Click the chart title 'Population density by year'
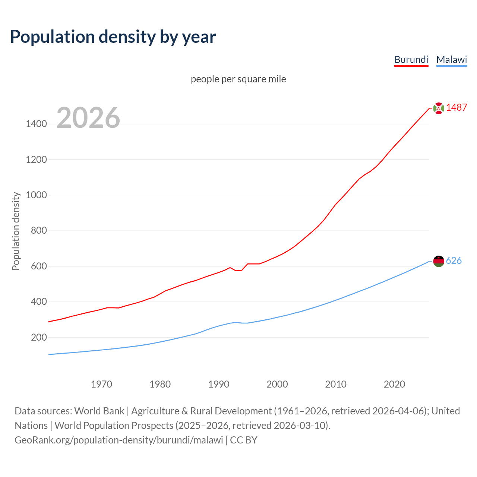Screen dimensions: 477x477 pos(113,37)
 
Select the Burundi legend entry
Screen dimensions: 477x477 pos(411,60)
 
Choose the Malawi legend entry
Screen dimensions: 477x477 pos(451,60)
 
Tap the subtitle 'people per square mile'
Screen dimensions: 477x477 pos(238,79)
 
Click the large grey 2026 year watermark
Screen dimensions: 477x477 pos(88,118)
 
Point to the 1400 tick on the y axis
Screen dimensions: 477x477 pos(36,124)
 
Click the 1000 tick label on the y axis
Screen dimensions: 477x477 pos(36,195)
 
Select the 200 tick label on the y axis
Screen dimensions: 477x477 pos(39,337)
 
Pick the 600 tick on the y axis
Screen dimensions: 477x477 pos(39,266)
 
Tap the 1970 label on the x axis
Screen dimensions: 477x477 pos(101,384)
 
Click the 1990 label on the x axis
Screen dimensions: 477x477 pos(219,384)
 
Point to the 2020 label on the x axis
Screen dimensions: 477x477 pos(394,384)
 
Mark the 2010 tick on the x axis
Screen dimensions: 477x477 pos(336,384)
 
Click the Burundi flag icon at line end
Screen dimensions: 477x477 pos(439,108)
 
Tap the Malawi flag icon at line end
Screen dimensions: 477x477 pos(439,261)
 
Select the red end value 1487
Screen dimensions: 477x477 pos(457,107)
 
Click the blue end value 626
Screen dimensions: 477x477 pos(454,260)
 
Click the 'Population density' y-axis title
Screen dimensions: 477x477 pos(16,231)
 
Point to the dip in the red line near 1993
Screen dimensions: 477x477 pos(236,271)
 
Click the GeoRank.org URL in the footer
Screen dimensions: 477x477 pos(119,440)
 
